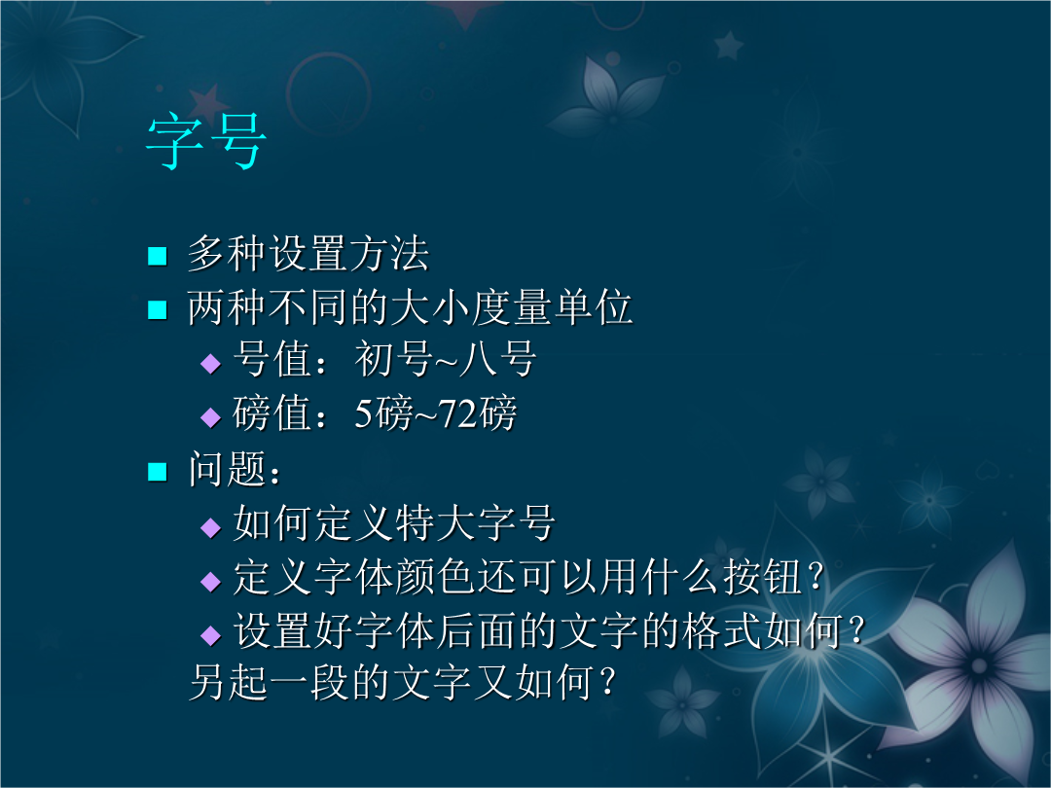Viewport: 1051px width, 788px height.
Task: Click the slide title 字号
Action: [x=206, y=141]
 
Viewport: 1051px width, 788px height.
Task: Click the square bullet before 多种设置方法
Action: [x=157, y=256]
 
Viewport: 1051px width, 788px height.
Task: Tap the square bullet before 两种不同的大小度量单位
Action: [x=157, y=309]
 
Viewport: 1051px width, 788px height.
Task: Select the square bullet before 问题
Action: [x=157, y=472]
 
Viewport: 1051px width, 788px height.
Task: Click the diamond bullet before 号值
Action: [x=210, y=363]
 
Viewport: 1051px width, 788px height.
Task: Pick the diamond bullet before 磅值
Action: [x=210, y=416]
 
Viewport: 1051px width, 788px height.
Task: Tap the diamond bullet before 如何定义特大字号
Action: [x=210, y=527]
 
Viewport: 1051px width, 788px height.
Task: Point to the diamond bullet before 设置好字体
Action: [x=210, y=634]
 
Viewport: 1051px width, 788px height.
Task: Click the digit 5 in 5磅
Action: [x=363, y=413]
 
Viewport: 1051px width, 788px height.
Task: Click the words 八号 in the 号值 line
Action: [x=498, y=359]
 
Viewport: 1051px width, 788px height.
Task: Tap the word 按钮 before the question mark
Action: [x=762, y=576]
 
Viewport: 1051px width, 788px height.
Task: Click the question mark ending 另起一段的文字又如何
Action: [x=606, y=682]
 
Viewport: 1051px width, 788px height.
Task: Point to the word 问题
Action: [x=228, y=468]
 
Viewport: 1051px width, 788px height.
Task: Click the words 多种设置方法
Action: [x=308, y=253]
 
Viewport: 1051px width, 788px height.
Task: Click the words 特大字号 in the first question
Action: [x=475, y=522]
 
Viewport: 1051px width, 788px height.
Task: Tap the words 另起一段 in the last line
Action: [x=270, y=682]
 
